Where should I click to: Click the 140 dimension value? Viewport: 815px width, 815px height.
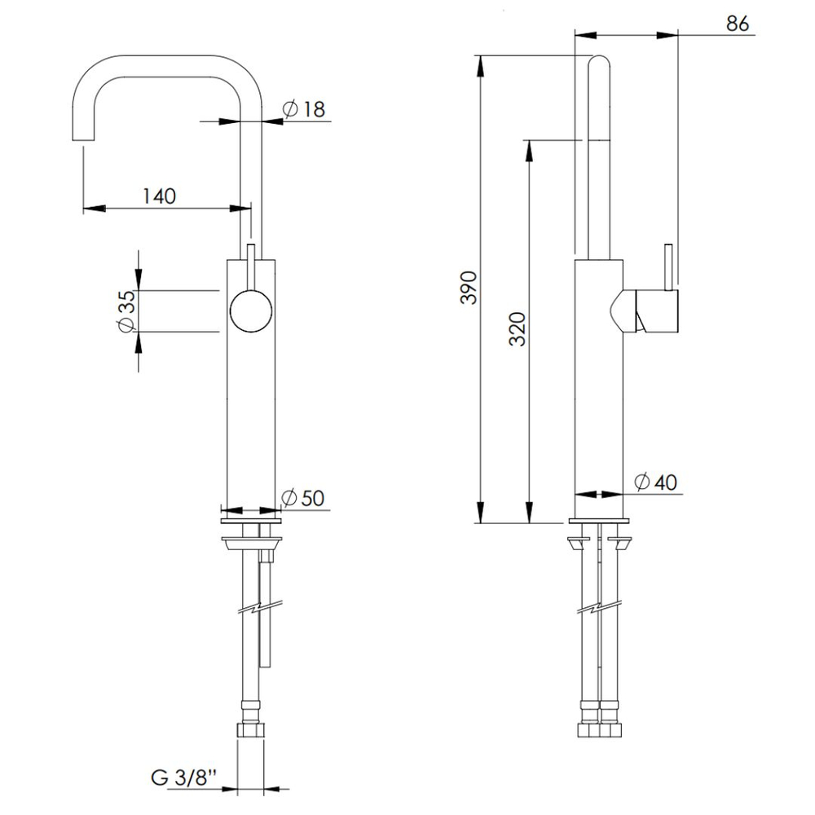(159, 196)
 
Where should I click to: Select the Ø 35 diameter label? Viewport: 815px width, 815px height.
(126, 311)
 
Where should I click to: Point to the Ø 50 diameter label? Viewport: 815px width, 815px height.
(302, 497)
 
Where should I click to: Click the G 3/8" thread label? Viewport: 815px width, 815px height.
(183, 778)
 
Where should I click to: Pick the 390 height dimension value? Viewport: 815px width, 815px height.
(469, 288)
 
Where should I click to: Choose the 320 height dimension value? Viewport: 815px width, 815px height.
(518, 329)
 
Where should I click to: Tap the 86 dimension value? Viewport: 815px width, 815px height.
(738, 24)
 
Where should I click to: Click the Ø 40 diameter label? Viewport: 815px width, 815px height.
(656, 482)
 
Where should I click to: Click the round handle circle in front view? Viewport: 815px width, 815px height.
(251, 311)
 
